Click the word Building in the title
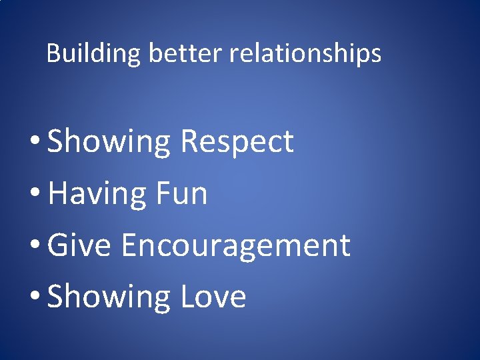[x=93, y=53]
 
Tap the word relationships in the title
[x=305, y=53]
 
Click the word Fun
[x=181, y=194]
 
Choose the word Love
[x=213, y=297]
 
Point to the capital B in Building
[x=53, y=53]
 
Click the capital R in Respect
[x=190, y=142]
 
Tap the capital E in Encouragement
[x=130, y=245]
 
